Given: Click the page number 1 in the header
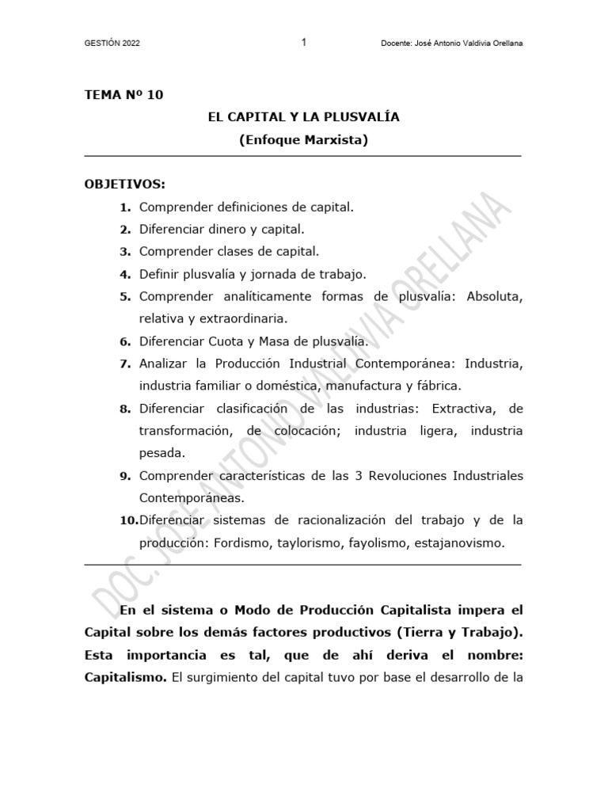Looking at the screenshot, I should [304, 43].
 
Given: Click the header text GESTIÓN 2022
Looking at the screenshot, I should [112, 44].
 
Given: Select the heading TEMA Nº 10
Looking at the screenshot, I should [123, 95].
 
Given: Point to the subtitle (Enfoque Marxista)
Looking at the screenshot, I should [304, 140].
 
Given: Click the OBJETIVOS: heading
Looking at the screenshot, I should [125, 185].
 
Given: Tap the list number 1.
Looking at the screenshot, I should [124, 208].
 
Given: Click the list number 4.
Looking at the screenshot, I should [124, 275].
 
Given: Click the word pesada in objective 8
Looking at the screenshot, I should [161, 453].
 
